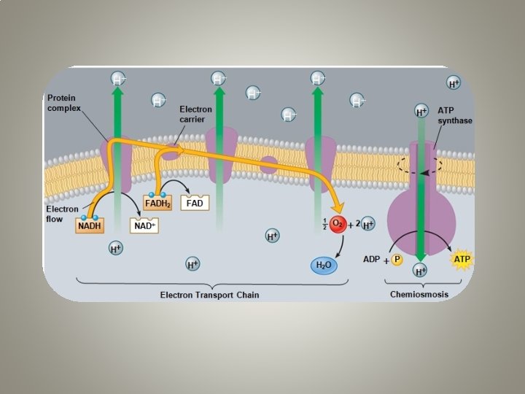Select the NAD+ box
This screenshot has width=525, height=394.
144,226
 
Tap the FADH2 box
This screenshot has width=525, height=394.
157,204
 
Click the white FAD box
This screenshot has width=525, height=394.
195,203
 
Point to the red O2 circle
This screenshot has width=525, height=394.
336,225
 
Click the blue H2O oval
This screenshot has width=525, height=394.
324,266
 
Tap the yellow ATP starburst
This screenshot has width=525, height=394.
461,258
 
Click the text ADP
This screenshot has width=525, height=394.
373,259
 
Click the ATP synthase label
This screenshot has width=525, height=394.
455,115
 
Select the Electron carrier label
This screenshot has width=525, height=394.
195,115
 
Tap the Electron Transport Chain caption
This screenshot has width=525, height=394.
209,295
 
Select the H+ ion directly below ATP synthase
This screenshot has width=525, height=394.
421,271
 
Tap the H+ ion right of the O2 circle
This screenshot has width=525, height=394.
367,225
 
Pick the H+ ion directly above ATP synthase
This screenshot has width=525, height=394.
421,112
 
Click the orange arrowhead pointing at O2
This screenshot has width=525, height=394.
338,209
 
